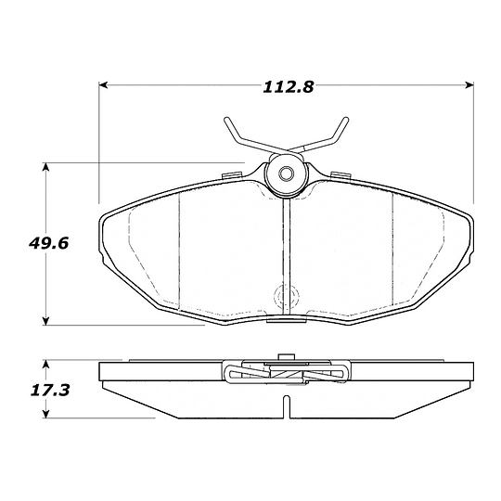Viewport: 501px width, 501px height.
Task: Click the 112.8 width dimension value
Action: click(289, 87)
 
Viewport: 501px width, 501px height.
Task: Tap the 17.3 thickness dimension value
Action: click(50, 390)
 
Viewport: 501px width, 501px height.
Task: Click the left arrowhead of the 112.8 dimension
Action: click(103, 85)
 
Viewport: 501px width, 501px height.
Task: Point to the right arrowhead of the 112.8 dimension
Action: click(469, 85)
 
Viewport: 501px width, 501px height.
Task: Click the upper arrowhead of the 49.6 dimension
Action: click(46, 167)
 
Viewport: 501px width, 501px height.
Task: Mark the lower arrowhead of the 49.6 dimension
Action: click(46, 321)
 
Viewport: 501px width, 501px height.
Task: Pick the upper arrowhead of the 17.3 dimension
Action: click(46, 364)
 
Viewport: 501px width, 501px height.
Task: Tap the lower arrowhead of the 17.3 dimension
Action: click(46, 414)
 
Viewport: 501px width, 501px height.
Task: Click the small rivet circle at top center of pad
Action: click(286, 173)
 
